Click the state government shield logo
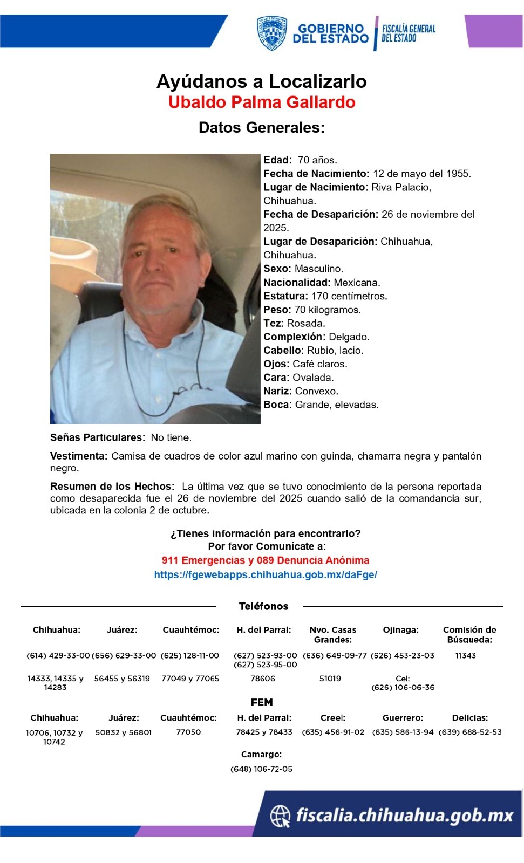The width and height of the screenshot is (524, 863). pyautogui.click(x=271, y=33)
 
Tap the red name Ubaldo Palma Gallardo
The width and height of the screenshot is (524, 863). pyautogui.click(x=262, y=102)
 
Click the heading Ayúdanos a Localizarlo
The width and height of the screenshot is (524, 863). pyautogui.click(x=262, y=81)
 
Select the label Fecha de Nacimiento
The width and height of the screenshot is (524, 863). pyautogui.click(x=316, y=174)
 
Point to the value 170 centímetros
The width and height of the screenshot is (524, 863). pyautogui.click(x=349, y=296)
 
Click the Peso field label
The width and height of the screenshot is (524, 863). pyautogui.click(x=277, y=310)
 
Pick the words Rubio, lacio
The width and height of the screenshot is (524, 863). pyautogui.click(x=335, y=350)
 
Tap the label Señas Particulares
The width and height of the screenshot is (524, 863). pyautogui.click(x=97, y=437)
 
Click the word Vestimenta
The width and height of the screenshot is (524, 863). pyautogui.click(x=79, y=456)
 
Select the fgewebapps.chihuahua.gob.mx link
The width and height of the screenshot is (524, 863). pyautogui.click(x=266, y=575)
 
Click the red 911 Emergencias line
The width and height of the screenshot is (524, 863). pyautogui.click(x=266, y=560)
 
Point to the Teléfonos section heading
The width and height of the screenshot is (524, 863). pyautogui.click(x=263, y=606)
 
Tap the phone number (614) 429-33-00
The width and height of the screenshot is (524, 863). pyautogui.click(x=58, y=656)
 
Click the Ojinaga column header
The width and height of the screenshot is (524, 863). pyautogui.click(x=400, y=630)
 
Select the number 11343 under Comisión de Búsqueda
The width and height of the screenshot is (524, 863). pyautogui.click(x=466, y=656)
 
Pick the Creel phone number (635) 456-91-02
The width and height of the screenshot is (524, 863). pyautogui.click(x=333, y=732)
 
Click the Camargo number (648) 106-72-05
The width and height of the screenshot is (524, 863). pyautogui.click(x=262, y=769)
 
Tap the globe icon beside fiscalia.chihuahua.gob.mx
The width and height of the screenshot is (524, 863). pyautogui.click(x=280, y=816)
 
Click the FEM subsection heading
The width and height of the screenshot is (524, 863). pyautogui.click(x=262, y=702)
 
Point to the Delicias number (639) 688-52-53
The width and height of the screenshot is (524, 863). pyautogui.click(x=470, y=732)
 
